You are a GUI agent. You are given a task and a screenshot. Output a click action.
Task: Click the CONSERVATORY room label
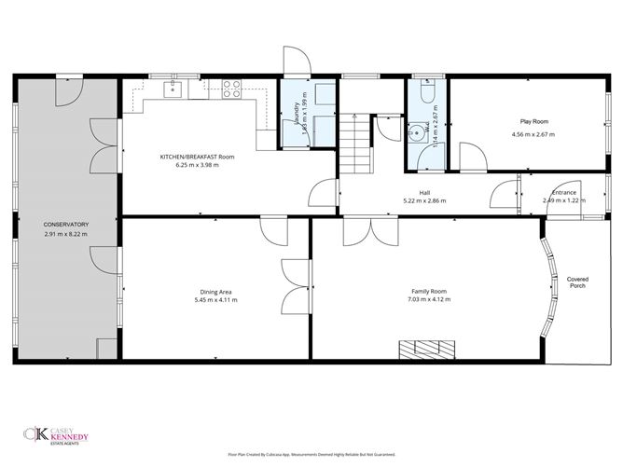point(65,225)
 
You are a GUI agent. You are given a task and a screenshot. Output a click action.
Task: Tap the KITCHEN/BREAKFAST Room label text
point(197,157)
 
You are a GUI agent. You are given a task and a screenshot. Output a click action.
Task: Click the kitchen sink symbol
point(173,89)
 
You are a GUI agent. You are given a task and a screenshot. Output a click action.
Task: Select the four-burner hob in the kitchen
point(231,89)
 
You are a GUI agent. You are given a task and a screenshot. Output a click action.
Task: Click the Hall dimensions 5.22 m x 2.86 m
point(424,200)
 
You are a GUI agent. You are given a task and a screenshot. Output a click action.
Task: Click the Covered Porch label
point(577,282)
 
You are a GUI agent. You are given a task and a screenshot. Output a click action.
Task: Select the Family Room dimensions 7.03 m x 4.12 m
point(428,301)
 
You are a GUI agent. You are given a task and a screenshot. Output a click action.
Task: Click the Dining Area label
point(215,291)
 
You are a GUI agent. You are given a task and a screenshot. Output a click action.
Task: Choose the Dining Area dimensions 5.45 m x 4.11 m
point(215,300)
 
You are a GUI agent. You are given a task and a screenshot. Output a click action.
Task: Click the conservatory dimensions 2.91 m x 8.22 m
point(65,234)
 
